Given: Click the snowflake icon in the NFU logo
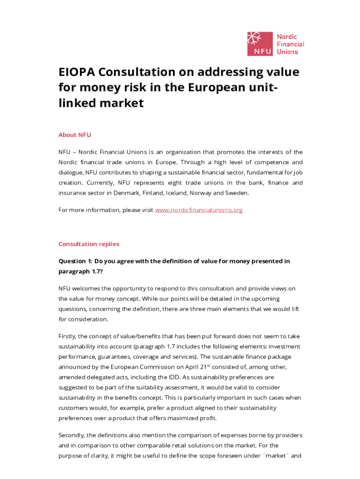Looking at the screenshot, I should pos(254,39).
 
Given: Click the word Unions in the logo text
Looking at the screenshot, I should pos(287,52).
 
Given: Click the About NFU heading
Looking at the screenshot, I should pos(75,135).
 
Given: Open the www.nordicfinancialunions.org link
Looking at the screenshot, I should pos(199,210).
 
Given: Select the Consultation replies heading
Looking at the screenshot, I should pos(89,244).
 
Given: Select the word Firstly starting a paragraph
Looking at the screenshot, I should pos(68,336).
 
